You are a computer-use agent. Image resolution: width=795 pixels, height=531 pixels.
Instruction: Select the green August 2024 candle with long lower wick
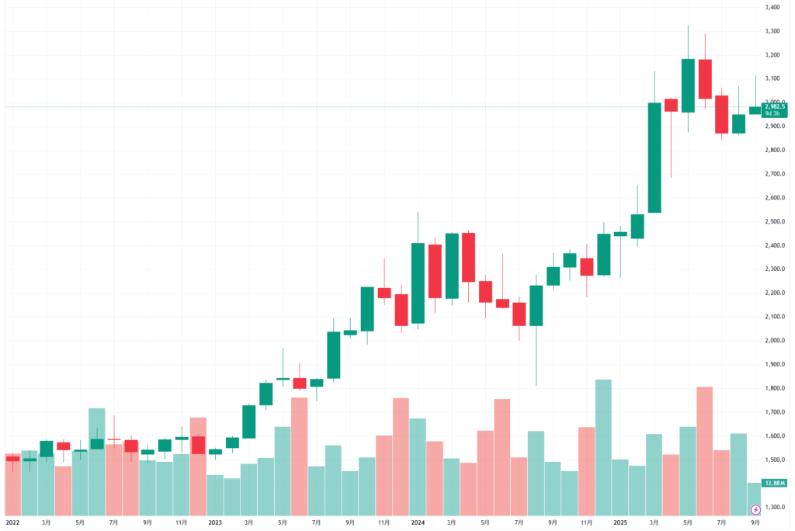click(x=536, y=305)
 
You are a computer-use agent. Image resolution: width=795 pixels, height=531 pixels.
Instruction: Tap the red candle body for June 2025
click(x=705, y=78)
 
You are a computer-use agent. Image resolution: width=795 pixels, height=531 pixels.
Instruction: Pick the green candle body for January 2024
click(x=418, y=283)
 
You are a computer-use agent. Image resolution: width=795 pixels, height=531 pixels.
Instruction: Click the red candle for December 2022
click(x=198, y=445)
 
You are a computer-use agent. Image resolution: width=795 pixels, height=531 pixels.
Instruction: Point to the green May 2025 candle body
click(x=688, y=85)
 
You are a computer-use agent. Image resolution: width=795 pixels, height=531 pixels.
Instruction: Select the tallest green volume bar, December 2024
click(x=603, y=447)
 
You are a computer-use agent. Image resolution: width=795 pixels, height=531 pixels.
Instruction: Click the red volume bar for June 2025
click(x=705, y=450)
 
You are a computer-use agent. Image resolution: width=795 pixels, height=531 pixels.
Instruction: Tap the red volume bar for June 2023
click(x=300, y=456)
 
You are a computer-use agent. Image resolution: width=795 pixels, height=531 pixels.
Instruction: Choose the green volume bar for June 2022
click(x=96, y=461)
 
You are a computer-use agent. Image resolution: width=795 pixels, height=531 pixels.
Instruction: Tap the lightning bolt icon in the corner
click(x=755, y=509)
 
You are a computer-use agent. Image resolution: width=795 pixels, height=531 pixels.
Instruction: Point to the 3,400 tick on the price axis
click(x=772, y=8)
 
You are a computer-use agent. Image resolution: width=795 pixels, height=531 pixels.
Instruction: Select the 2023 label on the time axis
click(x=215, y=523)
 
